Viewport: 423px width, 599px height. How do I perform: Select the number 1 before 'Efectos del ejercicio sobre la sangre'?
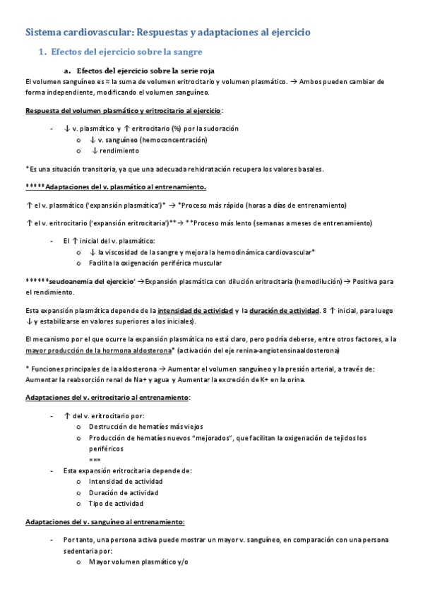coord(42,52)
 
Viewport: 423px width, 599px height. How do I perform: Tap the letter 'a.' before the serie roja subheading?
coord(67,71)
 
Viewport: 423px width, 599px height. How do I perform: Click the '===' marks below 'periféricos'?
coord(95,459)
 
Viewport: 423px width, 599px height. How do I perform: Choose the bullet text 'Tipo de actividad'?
coord(116,504)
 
